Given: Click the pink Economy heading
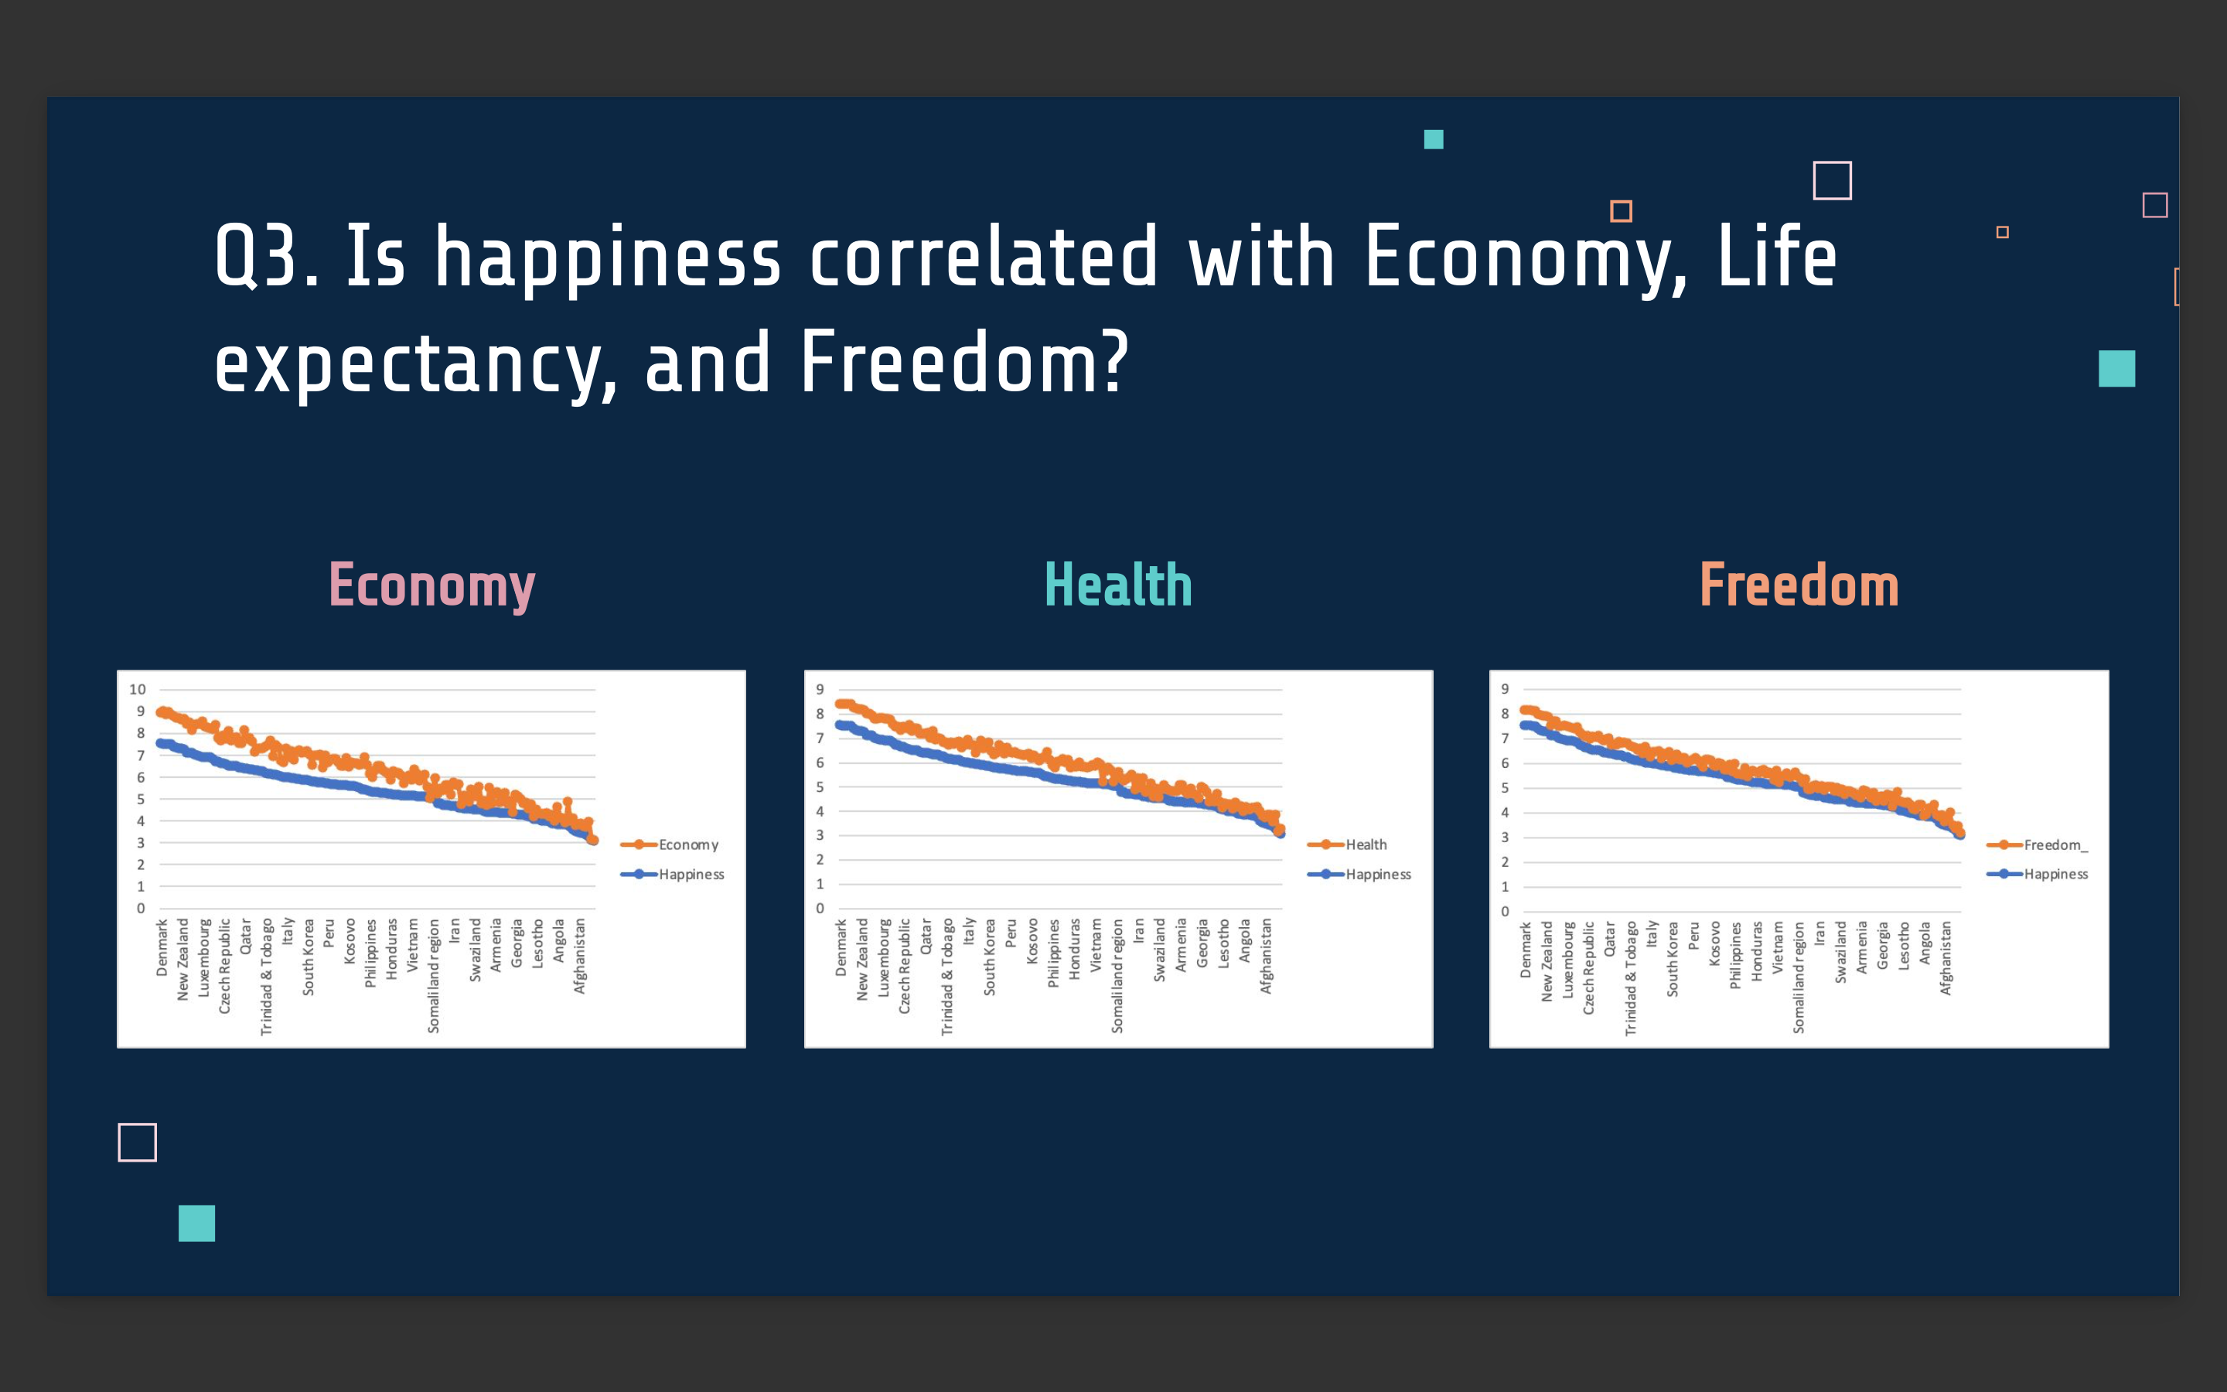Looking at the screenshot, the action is [x=431, y=585].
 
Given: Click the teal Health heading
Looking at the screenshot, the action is [x=1118, y=585].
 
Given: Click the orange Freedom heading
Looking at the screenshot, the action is [x=1799, y=585].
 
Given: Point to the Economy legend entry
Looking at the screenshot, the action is [x=669, y=844].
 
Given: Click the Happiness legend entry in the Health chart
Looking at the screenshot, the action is [x=1359, y=874].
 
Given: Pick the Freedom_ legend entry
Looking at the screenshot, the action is [x=2037, y=844].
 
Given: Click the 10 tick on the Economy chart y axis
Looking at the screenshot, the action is [x=137, y=688].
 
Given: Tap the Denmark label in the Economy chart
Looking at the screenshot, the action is [x=162, y=947].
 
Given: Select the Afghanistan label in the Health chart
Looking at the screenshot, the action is [x=1267, y=956].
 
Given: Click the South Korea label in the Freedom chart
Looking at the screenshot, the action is [x=1672, y=959].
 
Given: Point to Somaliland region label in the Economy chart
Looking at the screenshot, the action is [x=434, y=976].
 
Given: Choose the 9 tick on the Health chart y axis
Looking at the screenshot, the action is [x=820, y=688].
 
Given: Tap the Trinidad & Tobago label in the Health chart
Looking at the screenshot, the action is [x=947, y=977].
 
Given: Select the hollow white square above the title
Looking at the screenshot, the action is [x=1832, y=180].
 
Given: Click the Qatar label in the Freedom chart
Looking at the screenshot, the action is [x=1609, y=940].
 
